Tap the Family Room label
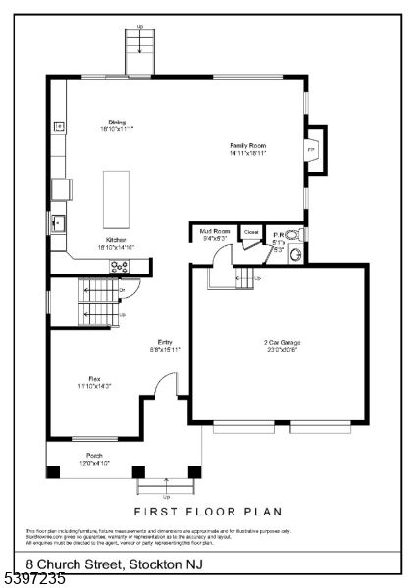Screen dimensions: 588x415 [x=247, y=149]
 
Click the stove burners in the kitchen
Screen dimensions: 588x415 [x=120, y=265]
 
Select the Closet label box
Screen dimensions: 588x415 [x=251, y=232]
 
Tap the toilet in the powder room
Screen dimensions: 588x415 [x=292, y=235]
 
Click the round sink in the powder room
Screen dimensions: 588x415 [x=296, y=255]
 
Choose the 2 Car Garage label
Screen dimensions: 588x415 [x=282, y=345]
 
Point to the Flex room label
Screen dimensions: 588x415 [x=94, y=382]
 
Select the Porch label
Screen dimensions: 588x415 [x=94, y=459]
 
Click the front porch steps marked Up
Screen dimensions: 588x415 [x=167, y=486]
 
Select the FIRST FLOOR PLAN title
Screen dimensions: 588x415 [x=207, y=511]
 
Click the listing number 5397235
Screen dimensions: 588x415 [x=34, y=579]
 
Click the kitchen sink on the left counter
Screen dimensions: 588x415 [x=59, y=222]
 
